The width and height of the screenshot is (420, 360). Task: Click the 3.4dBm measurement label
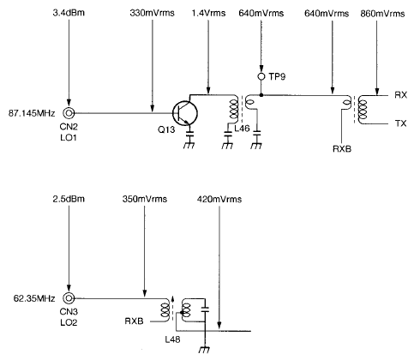68,15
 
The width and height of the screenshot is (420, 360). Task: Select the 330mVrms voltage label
152,15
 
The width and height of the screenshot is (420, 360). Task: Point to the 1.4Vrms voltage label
208,15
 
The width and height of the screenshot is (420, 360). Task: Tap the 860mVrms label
378,15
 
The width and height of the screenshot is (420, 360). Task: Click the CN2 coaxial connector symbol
69,113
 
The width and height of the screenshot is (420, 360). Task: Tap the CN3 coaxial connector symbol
69,298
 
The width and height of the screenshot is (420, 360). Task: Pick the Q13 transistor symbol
183,113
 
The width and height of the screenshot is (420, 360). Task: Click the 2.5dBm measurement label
68,200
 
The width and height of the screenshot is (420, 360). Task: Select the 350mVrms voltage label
143,200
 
